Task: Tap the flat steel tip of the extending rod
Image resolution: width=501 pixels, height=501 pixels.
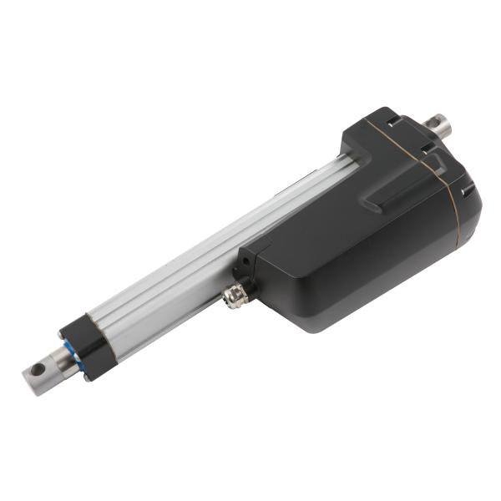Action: pyautogui.click(x=42, y=374)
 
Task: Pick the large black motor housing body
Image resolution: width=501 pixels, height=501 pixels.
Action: pyautogui.click(x=351, y=250)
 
